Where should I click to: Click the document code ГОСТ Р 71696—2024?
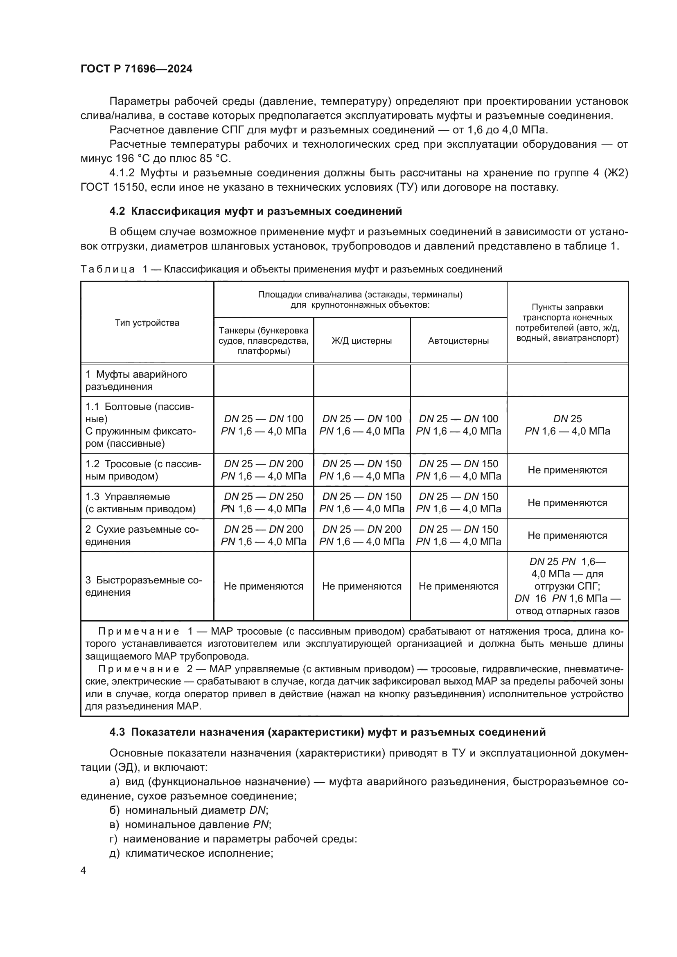pos(136,69)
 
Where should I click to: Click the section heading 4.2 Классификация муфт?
pos(255,211)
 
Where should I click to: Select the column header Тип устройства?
pos(147,322)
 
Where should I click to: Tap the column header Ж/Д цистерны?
pos(361,340)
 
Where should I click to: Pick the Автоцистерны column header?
pos(458,340)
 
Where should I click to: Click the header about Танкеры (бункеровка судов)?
pos(264,340)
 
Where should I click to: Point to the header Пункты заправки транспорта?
pos(567,322)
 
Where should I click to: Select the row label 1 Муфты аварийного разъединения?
pos(136,380)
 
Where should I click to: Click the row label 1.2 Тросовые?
pos(143,470)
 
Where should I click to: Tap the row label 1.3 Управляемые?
pos(140,503)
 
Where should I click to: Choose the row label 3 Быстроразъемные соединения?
pos(143,586)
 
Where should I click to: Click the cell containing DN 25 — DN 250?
pos(264,503)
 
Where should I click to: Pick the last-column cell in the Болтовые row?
pos(567,425)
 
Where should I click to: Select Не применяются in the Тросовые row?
pos(567,470)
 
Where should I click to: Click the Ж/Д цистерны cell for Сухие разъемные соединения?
pos(361,535)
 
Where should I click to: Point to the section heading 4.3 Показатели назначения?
pos(327,732)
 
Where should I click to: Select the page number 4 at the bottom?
pos(83,871)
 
